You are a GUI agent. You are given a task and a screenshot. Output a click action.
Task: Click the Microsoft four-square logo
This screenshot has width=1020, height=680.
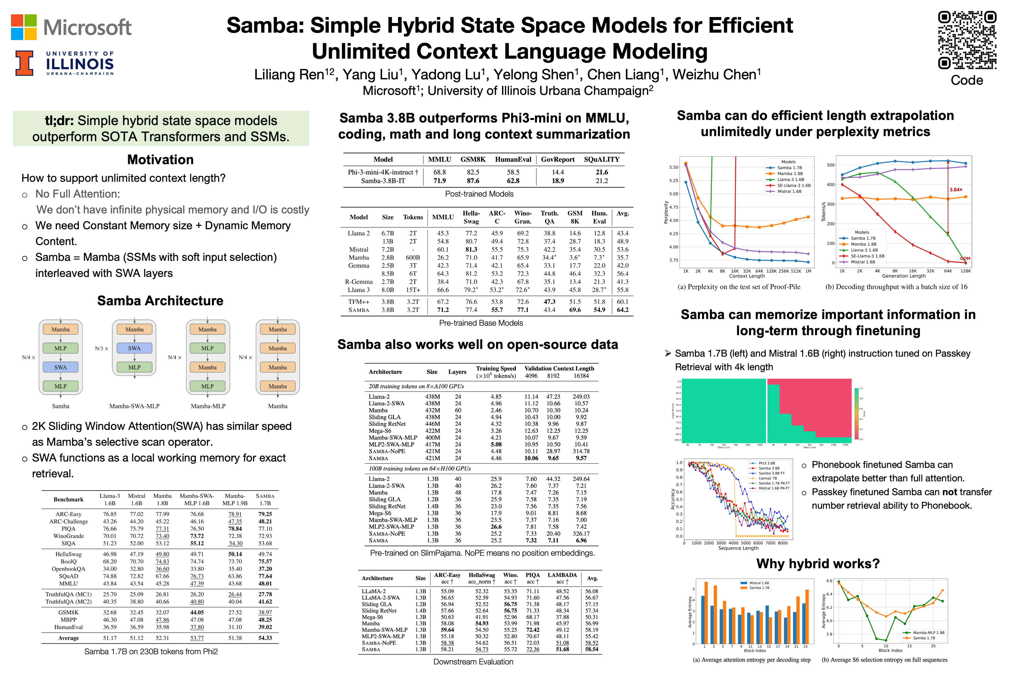click(x=24, y=27)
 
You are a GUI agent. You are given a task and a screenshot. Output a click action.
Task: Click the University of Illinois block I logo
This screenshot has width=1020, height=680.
click(x=24, y=63)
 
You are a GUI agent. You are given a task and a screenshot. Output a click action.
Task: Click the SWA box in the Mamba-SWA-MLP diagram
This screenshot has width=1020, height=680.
click(x=134, y=348)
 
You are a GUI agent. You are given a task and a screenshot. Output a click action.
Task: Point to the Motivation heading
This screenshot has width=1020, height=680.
click(x=160, y=160)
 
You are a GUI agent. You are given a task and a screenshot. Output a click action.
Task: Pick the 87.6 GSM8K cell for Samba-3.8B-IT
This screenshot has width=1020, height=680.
click(x=473, y=181)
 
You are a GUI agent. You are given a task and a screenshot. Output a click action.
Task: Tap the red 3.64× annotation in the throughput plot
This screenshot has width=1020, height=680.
click(x=955, y=190)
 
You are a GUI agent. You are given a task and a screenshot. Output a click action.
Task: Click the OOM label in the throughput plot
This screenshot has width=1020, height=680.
click(x=965, y=259)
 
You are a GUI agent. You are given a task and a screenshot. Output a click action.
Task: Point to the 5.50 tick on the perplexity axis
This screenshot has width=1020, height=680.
click(x=673, y=168)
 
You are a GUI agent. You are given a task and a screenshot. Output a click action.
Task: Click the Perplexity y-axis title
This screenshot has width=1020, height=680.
click(x=666, y=212)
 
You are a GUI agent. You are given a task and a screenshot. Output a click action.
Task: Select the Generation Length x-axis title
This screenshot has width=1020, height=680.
click(x=903, y=276)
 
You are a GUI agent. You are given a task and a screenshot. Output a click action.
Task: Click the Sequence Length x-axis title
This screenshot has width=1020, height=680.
click(x=738, y=548)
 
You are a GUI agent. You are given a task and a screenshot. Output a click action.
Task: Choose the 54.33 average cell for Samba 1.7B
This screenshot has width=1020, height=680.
click(x=265, y=638)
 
